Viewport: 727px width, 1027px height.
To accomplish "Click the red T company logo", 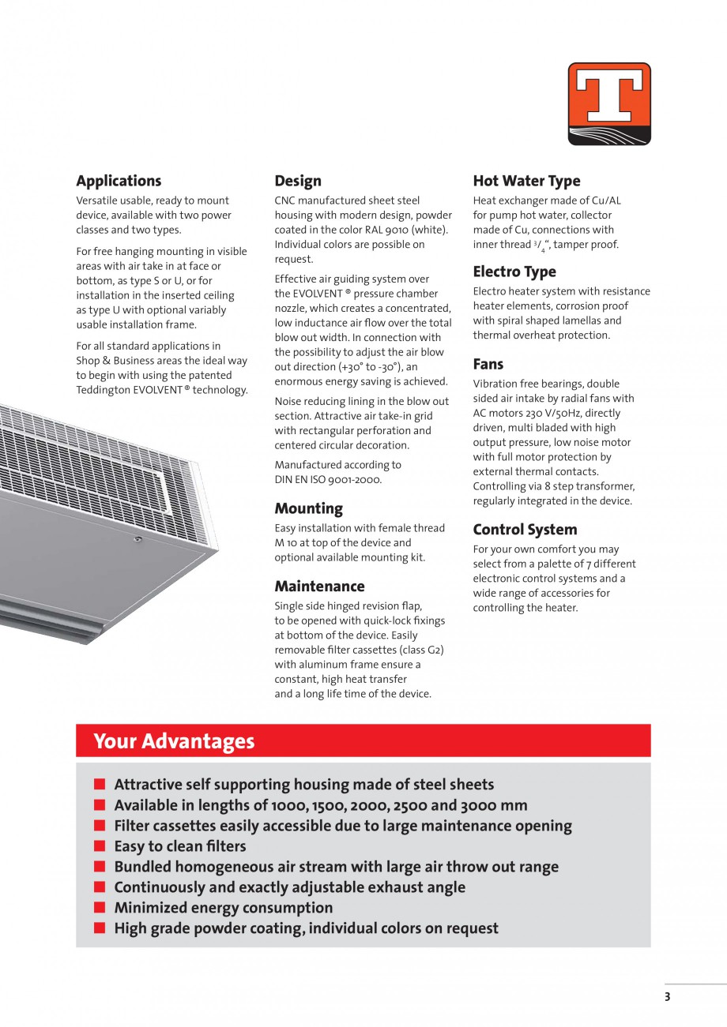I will tap(609, 103).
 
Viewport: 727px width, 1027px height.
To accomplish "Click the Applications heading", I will tap(119, 181).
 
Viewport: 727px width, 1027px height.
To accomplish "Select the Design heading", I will tap(298, 181).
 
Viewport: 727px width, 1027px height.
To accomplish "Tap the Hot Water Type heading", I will tap(526, 181).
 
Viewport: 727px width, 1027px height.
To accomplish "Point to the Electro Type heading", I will tap(514, 272).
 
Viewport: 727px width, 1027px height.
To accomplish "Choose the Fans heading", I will tap(488, 364).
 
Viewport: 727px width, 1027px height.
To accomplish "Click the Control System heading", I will tap(525, 530).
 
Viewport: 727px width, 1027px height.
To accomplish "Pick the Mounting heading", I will tap(309, 508).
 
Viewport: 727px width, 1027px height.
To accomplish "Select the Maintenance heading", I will tap(319, 587).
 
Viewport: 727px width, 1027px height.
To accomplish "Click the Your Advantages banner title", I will tap(174, 741).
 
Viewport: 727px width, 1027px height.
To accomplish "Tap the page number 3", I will tap(667, 997).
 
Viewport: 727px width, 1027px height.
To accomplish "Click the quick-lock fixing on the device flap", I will tap(138, 539).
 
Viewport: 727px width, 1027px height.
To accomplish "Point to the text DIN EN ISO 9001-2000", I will tap(328, 480).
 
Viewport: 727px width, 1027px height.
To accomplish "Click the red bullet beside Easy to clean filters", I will tap(100, 846).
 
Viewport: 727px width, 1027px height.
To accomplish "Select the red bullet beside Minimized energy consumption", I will tap(100, 908).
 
